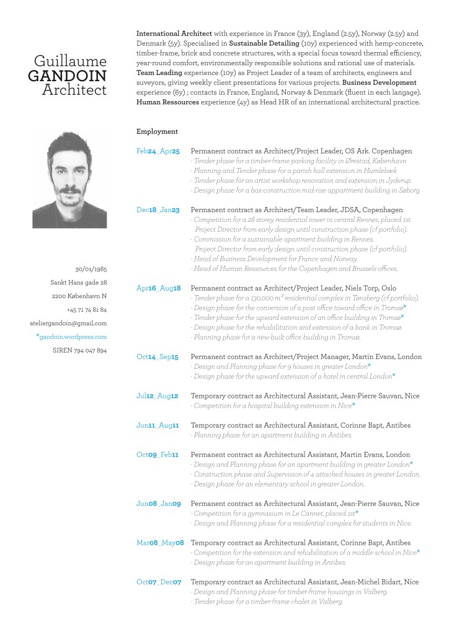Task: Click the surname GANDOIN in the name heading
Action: click(68, 76)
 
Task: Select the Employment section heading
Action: click(157, 131)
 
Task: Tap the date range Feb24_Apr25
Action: click(158, 151)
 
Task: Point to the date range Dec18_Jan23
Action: click(158, 210)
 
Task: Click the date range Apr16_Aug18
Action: click(158, 288)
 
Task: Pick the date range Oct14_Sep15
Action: click(158, 357)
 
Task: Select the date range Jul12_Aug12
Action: click(158, 396)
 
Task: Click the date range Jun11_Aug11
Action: click(158, 425)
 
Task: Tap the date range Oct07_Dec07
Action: click(159, 582)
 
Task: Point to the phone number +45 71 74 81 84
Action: click(87, 309)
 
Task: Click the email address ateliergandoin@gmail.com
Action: click(68, 323)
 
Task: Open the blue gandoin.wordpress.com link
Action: click(72, 337)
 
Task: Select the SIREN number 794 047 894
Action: click(80, 350)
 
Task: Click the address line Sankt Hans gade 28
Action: click(78, 283)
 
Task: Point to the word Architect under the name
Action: click(74, 90)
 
